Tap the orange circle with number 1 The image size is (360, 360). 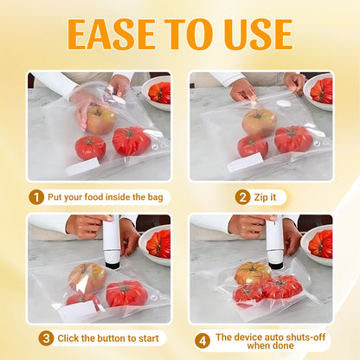pos(36,196)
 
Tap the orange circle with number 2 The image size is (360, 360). pos(242,196)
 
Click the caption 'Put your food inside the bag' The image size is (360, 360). pos(104,196)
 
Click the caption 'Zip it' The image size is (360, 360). pos(272,196)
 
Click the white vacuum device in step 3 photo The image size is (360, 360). pos(111,242)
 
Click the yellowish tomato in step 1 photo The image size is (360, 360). pos(100,119)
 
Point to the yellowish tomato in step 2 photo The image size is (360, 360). pos(259,122)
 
